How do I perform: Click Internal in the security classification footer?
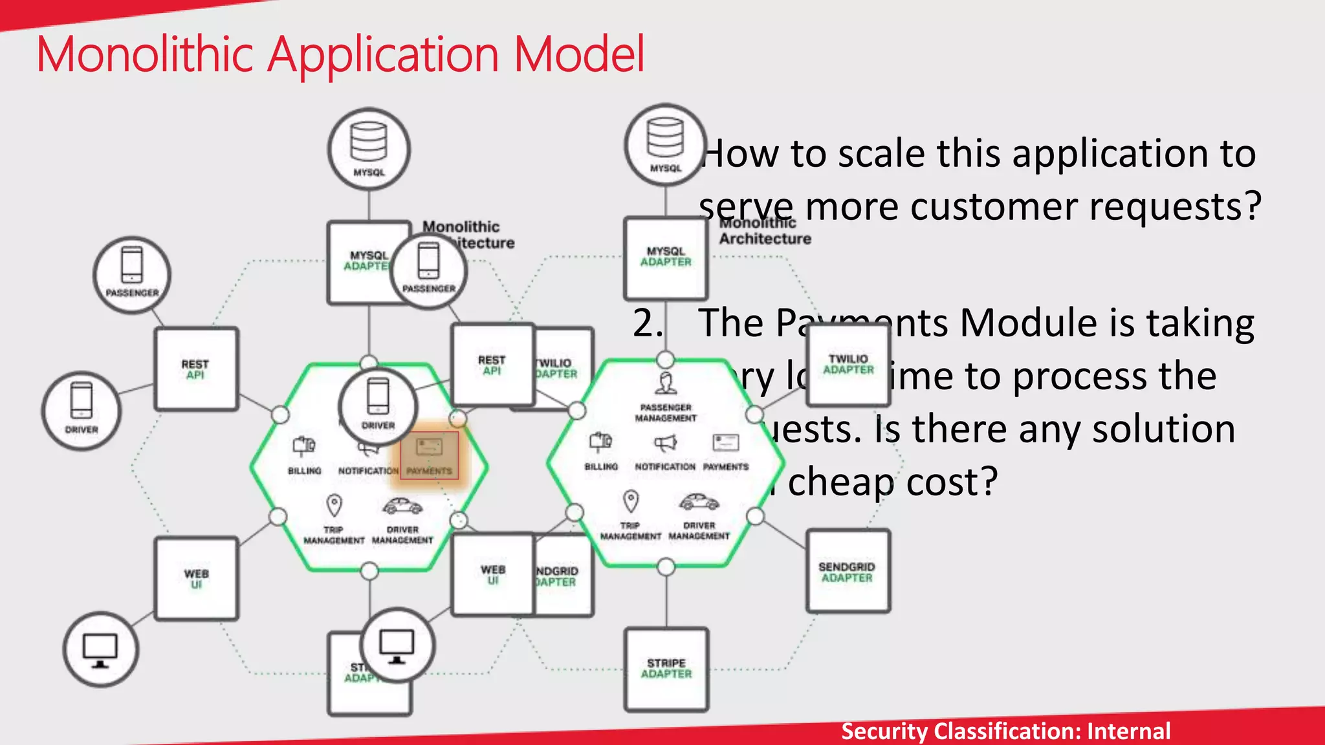pyautogui.click(x=1128, y=731)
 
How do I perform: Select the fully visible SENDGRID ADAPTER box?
pyautogui.click(x=848, y=572)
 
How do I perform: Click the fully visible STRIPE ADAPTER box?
pyautogui.click(x=666, y=669)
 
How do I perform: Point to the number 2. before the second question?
pyautogui.click(x=648, y=323)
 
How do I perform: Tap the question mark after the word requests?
pyautogui.click(x=1252, y=207)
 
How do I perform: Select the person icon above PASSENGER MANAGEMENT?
pyautogui.click(x=666, y=383)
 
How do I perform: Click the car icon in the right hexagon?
pyautogui.click(x=699, y=502)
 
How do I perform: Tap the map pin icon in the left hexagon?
pyautogui.click(x=334, y=505)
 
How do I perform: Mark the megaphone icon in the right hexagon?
pyautogui.click(x=665, y=443)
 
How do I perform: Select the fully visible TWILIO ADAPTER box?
pyautogui.click(x=848, y=365)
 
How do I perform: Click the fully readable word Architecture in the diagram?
pyautogui.click(x=765, y=239)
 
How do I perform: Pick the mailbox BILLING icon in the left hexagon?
pyautogui.click(x=304, y=446)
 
